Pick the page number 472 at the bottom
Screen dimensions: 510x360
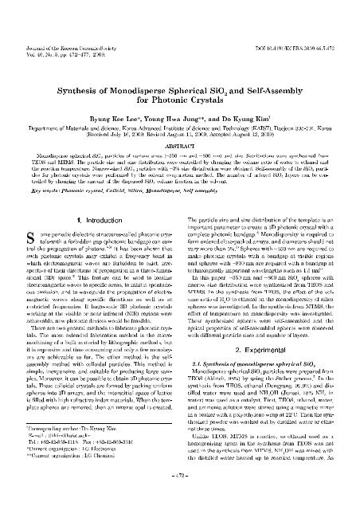(179, 499)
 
